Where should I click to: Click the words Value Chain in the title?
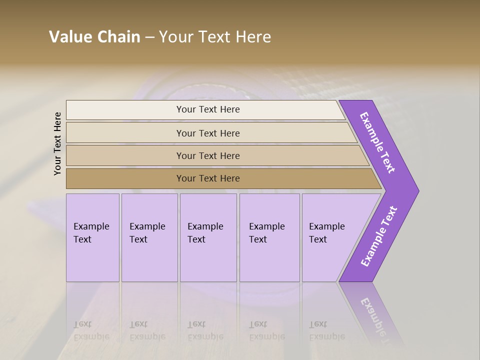(94, 37)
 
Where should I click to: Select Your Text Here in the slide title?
(215, 37)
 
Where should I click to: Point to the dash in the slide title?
(149, 37)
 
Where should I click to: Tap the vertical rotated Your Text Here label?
(57, 143)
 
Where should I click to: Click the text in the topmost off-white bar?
(208, 109)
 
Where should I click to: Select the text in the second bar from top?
(208, 133)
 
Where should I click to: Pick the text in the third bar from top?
(208, 155)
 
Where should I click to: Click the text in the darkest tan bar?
(208, 178)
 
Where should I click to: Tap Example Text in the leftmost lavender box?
(91, 233)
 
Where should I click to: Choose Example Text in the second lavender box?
(147, 233)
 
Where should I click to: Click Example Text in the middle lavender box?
(205, 233)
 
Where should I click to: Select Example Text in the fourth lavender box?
(266, 233)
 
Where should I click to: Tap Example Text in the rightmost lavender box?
(326, 233)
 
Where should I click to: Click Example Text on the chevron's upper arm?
(377, 142)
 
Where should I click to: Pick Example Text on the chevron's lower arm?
(378, 236)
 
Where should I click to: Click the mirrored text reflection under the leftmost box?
(91, 330)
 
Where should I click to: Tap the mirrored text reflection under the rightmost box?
(326, 330)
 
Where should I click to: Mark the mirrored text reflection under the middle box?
(205, 330)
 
